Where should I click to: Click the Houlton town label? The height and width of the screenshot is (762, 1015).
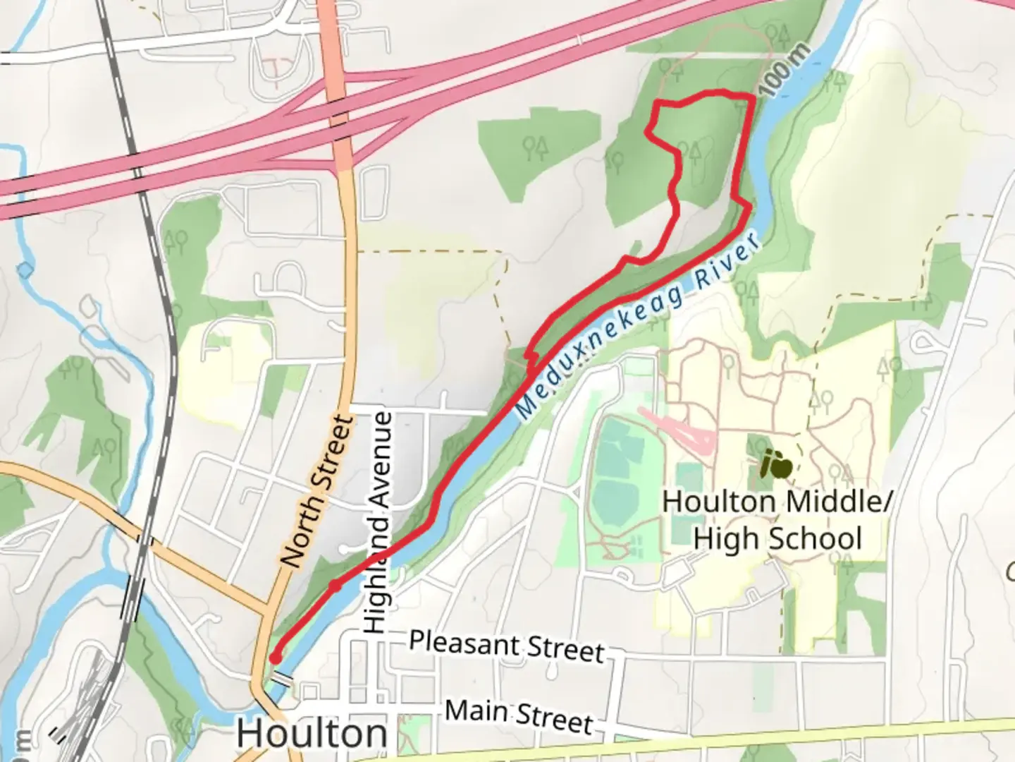[x=312, y=734]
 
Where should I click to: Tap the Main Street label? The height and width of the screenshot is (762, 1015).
[x=519, y=715]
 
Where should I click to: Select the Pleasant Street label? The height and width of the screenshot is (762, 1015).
[x=507, y=646]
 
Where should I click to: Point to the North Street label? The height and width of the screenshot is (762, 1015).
[x=317, y=491]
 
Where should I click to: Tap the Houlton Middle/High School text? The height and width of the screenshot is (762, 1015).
[x=777, y=520]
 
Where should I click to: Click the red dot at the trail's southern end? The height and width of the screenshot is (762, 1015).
[x=276, y=658]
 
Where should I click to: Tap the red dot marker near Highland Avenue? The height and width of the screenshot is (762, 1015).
[x=336, y=585]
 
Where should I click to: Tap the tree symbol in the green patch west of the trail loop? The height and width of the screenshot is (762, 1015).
[x=536, y=148]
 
